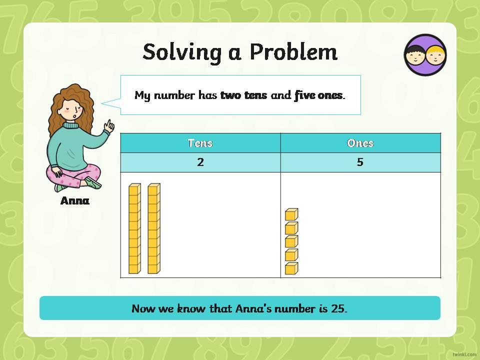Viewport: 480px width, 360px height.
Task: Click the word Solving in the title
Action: (182, 52)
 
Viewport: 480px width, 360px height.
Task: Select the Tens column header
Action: (200, 143)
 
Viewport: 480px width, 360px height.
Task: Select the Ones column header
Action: (360, 143)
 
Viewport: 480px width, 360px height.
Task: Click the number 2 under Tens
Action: (200, 162)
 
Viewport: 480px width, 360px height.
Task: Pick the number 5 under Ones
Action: (360, 162)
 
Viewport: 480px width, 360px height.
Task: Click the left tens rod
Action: (134, 228)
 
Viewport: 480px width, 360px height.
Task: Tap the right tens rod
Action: (154, 228)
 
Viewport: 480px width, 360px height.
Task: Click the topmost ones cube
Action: (291, 214)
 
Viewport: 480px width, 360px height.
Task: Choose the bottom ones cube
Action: (291, 268)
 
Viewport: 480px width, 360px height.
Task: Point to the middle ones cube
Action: (291, 241)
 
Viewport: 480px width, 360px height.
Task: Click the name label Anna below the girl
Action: (75, 201)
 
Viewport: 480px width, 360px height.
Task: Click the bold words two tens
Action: (243, 95)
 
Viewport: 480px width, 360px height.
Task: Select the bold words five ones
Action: (318, 95)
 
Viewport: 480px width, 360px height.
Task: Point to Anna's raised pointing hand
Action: (109, 126)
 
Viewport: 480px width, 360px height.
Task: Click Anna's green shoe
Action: (93, 182)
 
